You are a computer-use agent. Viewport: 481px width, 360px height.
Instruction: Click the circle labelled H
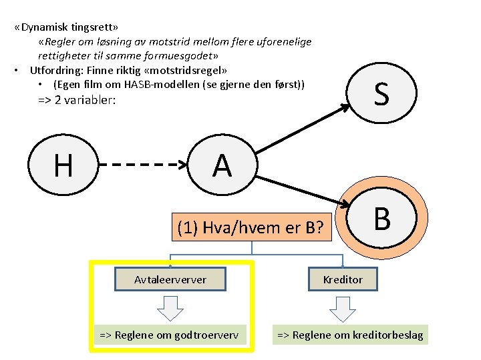[63, 164]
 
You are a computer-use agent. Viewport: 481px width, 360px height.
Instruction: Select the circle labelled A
[222, 164]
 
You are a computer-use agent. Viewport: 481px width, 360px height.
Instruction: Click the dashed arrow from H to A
[144, 164]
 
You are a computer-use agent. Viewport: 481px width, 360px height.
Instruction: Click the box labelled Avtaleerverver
[170, 279]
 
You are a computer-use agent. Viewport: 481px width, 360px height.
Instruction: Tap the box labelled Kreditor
[343, 279]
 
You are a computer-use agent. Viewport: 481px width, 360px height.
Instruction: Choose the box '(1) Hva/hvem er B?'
[252, 229]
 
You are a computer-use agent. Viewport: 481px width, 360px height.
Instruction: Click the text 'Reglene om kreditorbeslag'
[351, 335]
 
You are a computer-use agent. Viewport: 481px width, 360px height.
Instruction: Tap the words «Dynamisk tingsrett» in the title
[67, 28]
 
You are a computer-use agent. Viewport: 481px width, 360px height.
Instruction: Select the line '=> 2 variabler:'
[77, 101]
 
